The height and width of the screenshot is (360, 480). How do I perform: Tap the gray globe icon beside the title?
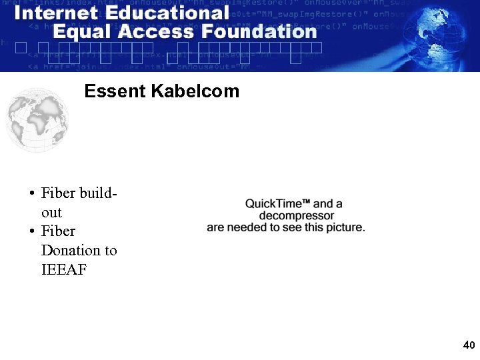pyautogui.click(x=37, y=120)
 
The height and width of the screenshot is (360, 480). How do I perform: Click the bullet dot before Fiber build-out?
pyautogui.click(x=31, y=194)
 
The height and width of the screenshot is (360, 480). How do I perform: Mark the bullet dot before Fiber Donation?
pyautogui.click(x=31, y=232)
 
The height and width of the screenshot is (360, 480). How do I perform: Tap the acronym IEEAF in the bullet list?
pyautogui.click(x=64, y=270)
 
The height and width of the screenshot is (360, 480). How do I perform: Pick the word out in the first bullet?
pyautogui.click(x=51, y=213)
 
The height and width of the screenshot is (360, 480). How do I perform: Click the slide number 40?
pyautogui.click(x=469, y=345)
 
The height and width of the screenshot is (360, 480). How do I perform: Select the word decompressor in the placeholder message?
pyautogui.click(x=296, y=215)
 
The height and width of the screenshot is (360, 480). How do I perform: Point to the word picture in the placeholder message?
pyautogui.click(x=343, y=227)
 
